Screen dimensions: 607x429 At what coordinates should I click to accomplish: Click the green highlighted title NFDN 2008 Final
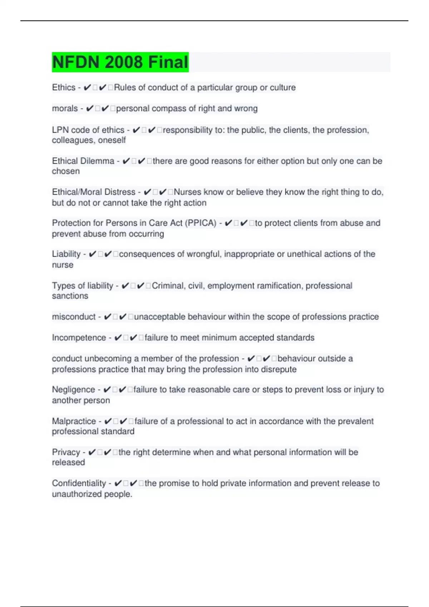tap(120, 62)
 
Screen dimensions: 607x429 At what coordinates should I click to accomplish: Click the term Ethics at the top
tap(64, 87)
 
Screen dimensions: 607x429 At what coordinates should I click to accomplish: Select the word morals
tap(65, 109)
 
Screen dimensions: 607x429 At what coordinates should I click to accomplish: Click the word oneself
tap(112, 140)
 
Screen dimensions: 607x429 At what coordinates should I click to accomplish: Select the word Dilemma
tap(98, 161)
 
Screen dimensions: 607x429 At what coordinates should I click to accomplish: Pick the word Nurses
tap(187, 192)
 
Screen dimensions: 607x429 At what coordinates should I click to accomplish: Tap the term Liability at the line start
tap(66, 254)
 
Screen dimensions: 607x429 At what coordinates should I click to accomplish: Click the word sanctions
tap(70, 296)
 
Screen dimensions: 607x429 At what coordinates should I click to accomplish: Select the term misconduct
tap(74, 317)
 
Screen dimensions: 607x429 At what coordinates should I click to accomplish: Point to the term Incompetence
tap(79, 338)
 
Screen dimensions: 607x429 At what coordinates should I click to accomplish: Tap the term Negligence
tap(73, 390)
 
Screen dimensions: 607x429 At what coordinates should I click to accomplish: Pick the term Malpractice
tap(74, 421)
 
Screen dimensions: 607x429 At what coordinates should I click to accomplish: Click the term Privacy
tap(66, 452)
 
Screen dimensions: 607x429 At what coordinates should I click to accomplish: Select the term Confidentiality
tap(79, 483)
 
